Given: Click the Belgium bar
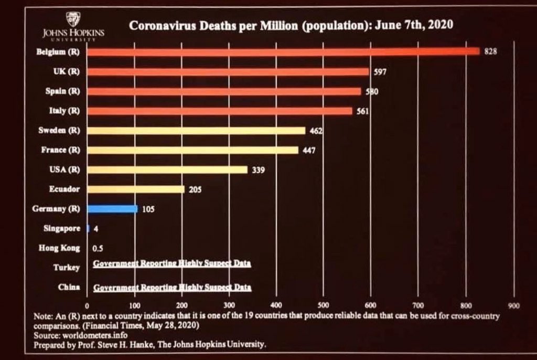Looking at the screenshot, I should coord(283,51).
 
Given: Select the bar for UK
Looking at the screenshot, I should coord(228,71).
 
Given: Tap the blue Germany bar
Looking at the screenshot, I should coord(112,209).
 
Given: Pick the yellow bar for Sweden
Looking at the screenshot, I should coord(196,130).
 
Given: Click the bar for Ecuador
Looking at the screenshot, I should coord(135,189).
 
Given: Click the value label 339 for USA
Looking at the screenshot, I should coord(258,170).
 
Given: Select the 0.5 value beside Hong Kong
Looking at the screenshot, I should coord(97,248).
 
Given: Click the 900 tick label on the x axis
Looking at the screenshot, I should coord(513,305).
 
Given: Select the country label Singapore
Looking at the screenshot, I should coord(62,229).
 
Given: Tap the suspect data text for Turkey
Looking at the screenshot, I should coord(172,263).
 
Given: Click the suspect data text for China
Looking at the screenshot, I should coord(172,287).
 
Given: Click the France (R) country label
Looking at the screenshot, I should coord(60,150).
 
